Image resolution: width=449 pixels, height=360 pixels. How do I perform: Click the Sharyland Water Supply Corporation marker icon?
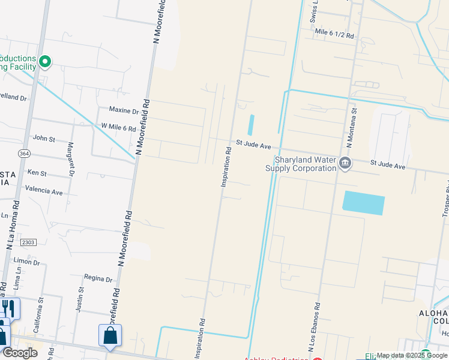click(345, 163)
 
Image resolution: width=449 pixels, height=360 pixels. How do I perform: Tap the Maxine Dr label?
click(124, 110)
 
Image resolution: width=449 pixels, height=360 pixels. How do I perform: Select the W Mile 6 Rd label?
click(118, 128)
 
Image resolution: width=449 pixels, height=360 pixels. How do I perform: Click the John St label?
click(44, 139)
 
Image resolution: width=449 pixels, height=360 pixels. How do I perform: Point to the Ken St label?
click(37, 173)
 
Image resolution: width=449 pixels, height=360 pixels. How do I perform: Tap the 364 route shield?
click(24, 154)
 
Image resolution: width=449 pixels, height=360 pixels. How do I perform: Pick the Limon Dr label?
click(26, 262)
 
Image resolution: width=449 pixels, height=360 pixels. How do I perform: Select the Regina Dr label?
click(98, 279)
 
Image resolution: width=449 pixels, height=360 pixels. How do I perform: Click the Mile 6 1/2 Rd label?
click(334, 36)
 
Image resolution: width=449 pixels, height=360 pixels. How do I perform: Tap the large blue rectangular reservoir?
click(363, 203)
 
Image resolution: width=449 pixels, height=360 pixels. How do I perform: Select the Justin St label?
click(80, 298)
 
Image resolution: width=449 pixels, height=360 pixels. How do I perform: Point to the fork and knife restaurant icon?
click(8, 308)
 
